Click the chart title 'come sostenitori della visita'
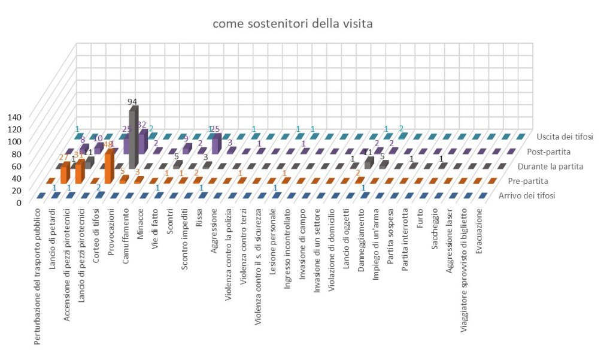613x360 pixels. coord(293,24)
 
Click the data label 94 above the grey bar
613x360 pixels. coord(133,101)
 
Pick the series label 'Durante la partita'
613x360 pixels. coord(541,166)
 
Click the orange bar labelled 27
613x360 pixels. coord(65,173)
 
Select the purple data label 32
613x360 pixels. coord(142,125)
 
